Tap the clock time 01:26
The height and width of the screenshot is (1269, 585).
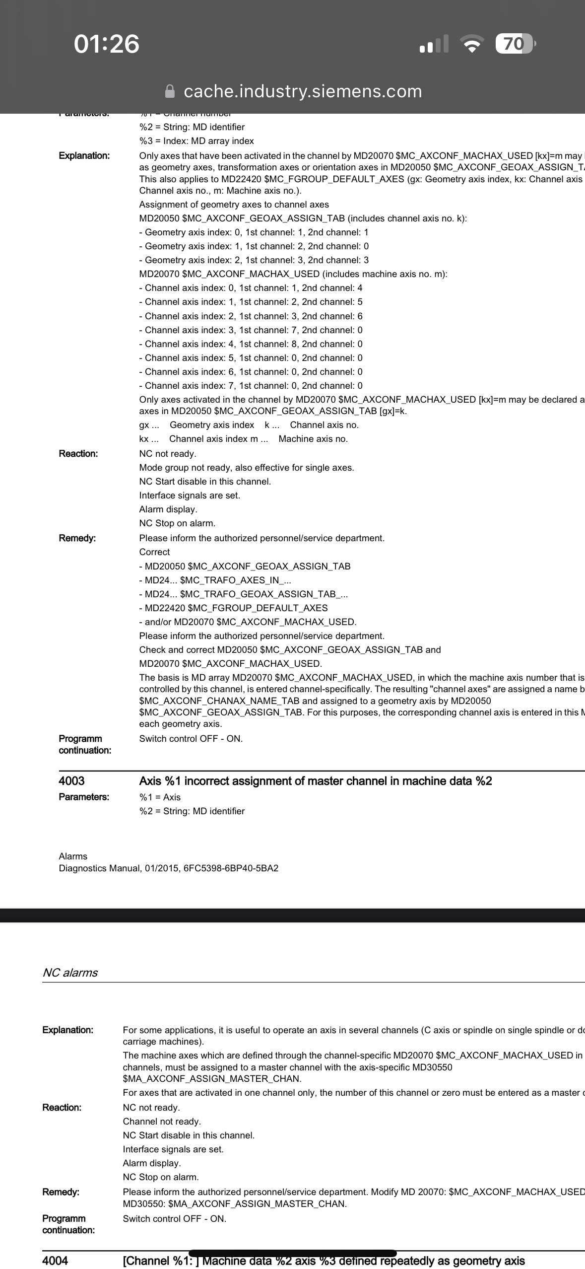[107, 44]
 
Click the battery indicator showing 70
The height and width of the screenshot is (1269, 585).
[515, 44]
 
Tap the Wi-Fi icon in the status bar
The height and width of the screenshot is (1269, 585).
[472, 44]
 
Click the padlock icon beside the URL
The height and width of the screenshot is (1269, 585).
[170, 91]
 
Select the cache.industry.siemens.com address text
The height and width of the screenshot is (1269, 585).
[303, 91]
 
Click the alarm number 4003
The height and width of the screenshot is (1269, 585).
[71, 781]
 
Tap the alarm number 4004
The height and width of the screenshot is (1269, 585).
[55, 1261]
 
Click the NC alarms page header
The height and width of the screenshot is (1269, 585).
[70, 973]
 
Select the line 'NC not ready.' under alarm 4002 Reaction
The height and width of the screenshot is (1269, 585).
[168, 454]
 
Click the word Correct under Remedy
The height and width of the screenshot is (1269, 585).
[154, 552]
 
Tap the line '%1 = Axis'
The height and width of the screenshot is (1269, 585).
[160, 797]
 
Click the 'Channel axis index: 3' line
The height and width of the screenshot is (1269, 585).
[251, 330]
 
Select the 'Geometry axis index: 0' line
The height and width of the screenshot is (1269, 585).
[254, 232]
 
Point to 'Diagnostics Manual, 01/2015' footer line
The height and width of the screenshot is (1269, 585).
[169, 868]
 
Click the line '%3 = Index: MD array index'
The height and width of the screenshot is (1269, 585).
[196, 141]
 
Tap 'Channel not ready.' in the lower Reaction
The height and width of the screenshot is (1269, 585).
[162, 1122]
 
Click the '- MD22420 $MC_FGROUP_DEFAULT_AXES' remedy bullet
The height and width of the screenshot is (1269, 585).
[233, 608]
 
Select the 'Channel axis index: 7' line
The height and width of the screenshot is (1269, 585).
[251, 386]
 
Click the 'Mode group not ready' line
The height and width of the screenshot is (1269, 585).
[247, 468]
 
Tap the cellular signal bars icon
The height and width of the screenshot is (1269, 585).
[434, 44]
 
